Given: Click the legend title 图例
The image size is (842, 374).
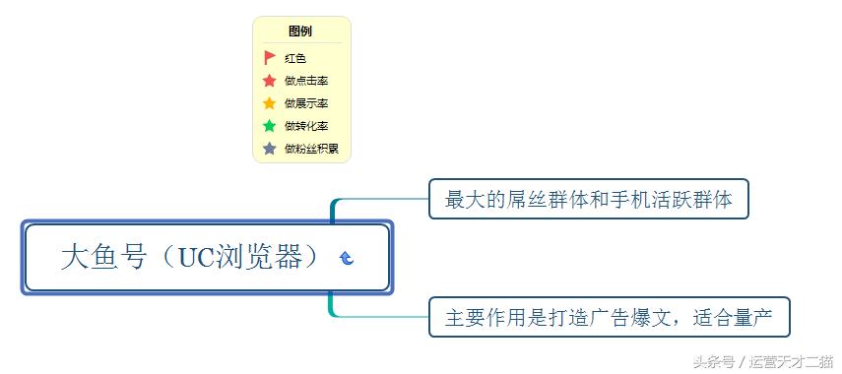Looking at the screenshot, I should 300,31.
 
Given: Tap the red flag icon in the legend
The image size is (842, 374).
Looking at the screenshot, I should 270,58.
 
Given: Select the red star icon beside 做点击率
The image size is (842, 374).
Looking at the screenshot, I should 270,81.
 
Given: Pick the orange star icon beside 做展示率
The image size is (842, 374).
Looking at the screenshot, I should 270,103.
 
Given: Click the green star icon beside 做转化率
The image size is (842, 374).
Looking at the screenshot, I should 270,126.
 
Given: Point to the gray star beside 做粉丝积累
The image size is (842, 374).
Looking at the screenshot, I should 270,149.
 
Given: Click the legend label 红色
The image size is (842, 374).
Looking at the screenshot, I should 295,58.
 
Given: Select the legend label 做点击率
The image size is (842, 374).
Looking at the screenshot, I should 306,81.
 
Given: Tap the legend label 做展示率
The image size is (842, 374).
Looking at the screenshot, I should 306,103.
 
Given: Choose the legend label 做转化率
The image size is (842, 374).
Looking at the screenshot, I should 306,126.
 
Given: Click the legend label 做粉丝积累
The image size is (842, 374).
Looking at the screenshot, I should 311,149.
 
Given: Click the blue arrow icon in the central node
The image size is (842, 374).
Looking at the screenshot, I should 347,258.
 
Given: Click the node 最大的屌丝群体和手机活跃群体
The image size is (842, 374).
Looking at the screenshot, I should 588,199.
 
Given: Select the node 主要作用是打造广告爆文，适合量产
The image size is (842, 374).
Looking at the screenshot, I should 609,317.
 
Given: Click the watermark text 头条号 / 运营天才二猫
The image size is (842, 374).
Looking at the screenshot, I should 762,360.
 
